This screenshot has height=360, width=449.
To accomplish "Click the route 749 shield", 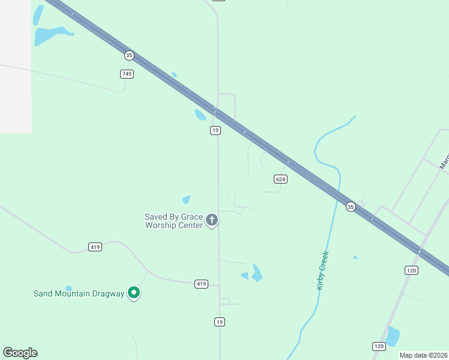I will pos(127,74).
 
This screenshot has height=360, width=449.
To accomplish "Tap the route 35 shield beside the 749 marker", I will pos(129,55).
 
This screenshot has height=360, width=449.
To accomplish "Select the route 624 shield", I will pos(280,179).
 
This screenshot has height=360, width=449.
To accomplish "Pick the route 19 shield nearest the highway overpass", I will pos(215,130).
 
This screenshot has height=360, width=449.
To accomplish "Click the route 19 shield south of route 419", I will pos(220,322).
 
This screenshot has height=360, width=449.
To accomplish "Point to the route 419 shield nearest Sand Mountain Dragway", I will pos(95,247).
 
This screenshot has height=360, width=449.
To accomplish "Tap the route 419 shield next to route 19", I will pos(201,283).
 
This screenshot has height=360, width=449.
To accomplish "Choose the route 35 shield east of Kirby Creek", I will pos(351,206).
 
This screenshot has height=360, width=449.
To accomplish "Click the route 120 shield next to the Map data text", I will pos(378,346).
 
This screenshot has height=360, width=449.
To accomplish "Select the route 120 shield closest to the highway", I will pos(411,271).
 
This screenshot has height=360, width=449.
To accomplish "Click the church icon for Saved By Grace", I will pos(211,220).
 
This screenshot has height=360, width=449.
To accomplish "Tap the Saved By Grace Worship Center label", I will pos(173,221).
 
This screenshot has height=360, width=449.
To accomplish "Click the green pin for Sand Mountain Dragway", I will pos(134,293).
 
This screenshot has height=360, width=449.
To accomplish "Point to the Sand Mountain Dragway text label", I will pos(78,293).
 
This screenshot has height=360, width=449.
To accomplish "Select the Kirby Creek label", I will pos(323,270).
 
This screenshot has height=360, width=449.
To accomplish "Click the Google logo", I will pos(20,353).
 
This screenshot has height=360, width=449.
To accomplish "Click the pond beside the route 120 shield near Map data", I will pos(392,337).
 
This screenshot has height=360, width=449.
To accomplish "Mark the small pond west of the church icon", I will pos(186,199).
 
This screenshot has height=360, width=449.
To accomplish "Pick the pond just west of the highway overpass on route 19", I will pos(200,115).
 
